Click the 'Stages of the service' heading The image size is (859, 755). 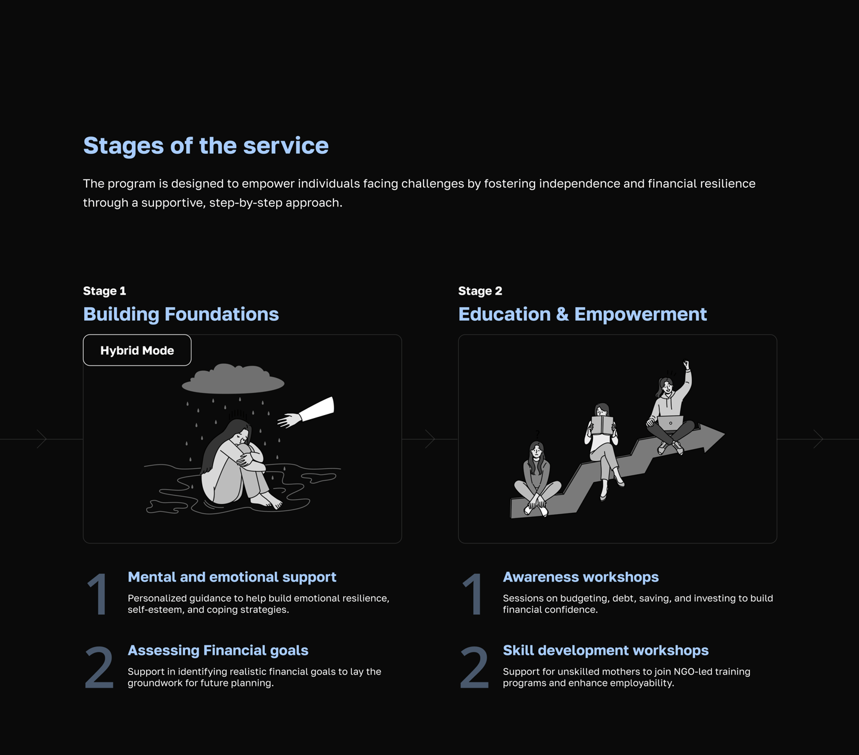(206, 146)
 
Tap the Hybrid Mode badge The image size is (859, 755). (137, 350)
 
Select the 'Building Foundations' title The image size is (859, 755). (181, 314)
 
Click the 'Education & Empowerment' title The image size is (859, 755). (583, 314)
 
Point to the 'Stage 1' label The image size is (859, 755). (104, 291)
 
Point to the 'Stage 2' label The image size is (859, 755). (480, 291)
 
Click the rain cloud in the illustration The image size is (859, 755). (233, 379)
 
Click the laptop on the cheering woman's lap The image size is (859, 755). (670, 423)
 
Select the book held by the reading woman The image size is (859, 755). (602, 426)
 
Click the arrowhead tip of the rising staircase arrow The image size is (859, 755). (725, 434)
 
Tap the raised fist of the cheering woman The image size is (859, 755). (686, 364)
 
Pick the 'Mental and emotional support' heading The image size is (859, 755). (232, 577)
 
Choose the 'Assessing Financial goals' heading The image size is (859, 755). (218, 650)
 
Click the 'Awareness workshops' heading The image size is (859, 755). (581, 577)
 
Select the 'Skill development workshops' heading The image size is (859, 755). (605, 650)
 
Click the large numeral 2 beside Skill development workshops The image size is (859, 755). (474, 668)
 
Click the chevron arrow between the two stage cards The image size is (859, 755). (430, 439)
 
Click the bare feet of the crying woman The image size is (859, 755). (267, 500)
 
